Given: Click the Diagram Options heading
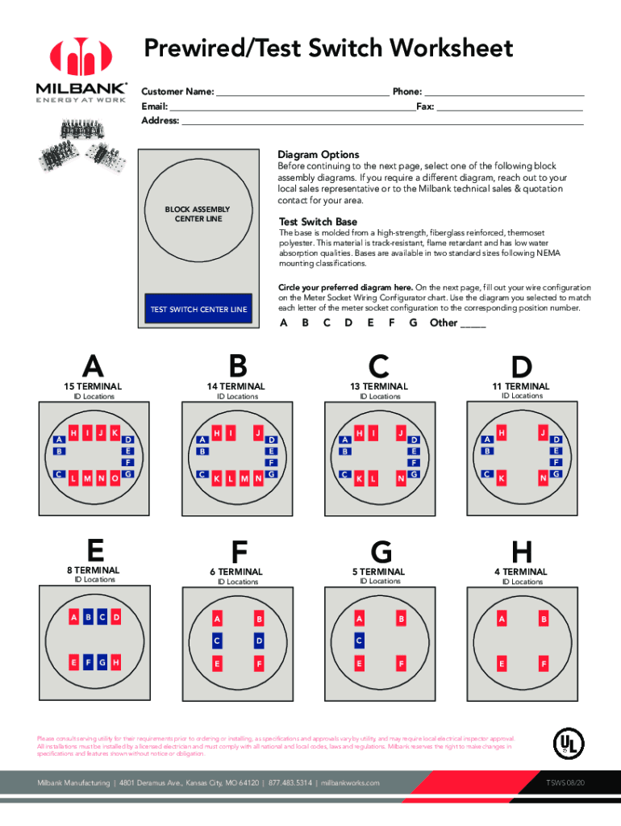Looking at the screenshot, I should click(x=318, y=155).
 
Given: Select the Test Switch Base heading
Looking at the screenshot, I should click(x=318, y=222).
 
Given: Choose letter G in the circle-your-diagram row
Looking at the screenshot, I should click(x=413, y=323).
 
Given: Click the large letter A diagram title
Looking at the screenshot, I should click(x=94, y=368).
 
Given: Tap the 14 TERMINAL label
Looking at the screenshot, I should click(x=236, y=386).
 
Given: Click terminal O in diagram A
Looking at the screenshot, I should click(x=115, y=478).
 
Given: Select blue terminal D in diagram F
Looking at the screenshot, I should click(x=259, y=640).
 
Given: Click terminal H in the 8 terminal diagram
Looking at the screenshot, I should click(x=116, y=662).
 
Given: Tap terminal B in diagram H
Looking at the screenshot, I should click(x=544, y=619).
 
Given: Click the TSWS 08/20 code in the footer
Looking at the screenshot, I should click(x=565, y=782).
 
